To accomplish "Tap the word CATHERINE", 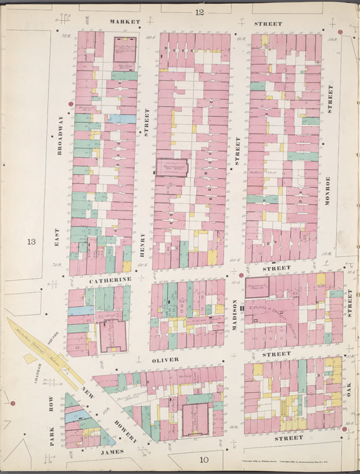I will pyautogui.click(x=110, y=279).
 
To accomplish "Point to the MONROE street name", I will pyautogui.click(x=327, y=191).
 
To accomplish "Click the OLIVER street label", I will pyautogui.click(x=165, y=359).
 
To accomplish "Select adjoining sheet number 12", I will pyautogui.click(x=199, y=12).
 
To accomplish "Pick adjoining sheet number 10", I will pyautogui.click(x=204, y=460).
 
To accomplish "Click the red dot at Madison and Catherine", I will pyautogui.click(x=241, y=274).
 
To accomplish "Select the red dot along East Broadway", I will pyautogui.click(x=71, y=104).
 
